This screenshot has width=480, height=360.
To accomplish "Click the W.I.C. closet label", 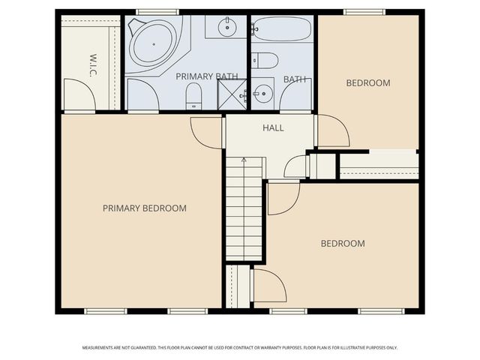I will pyautogui.click(x=93, y=64).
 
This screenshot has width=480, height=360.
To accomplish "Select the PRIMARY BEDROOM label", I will pyautogui.click(x=144, y=208).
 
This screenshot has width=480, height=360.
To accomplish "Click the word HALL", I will pyautogui.click(x=273, y=128).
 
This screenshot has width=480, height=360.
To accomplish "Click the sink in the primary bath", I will pyautogui.click(x=226, y=28).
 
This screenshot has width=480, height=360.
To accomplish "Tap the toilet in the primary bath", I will pyautogui.click(x=193, y=94).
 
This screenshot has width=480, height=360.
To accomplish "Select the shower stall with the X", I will pyautogui.click(x=232, y=94).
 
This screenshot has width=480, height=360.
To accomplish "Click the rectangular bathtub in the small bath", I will pyautogui.click(x=281, y=29).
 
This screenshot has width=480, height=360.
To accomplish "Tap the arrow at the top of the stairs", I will pyautogui.click(x=244, y=160).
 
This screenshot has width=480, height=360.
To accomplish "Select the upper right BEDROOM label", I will pyautogui.click(x=367, y=82).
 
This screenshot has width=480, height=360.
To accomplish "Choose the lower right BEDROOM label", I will pyautogui.click(x=343, y=243).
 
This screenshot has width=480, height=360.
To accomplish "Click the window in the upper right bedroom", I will pyautogui.click(x=364, y=12).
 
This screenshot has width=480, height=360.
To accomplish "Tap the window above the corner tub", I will pyautogui.click(x=157, y=12).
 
